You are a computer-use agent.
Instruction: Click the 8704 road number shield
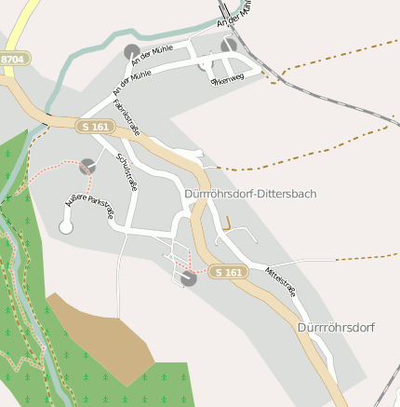(13, 59)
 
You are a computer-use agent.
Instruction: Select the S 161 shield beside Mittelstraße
(227, 272)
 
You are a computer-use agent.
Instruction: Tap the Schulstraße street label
(127, 173)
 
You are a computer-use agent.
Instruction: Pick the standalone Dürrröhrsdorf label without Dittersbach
(336, 328)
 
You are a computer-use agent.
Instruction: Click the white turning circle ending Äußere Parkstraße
(66, 226)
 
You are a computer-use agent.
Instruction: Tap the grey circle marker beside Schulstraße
(87, 166)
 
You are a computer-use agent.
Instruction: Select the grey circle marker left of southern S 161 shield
(189, 278)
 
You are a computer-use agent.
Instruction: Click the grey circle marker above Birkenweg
(229, 45)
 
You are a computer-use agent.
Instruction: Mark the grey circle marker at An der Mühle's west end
(132, 52)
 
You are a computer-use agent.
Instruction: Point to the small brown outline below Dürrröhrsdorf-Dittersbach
(226, 224)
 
